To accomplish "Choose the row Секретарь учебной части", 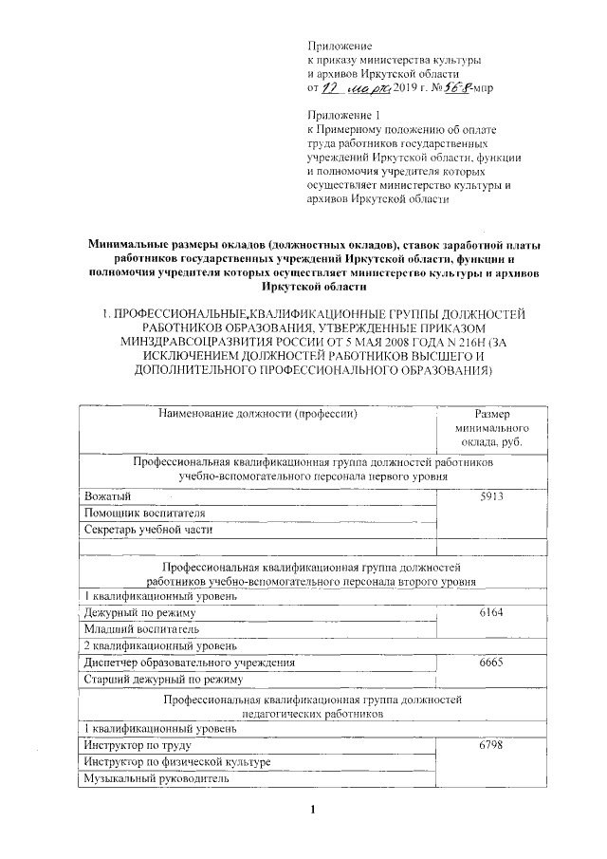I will tap(148, 530).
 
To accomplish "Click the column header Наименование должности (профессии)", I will tap(257, 414).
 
